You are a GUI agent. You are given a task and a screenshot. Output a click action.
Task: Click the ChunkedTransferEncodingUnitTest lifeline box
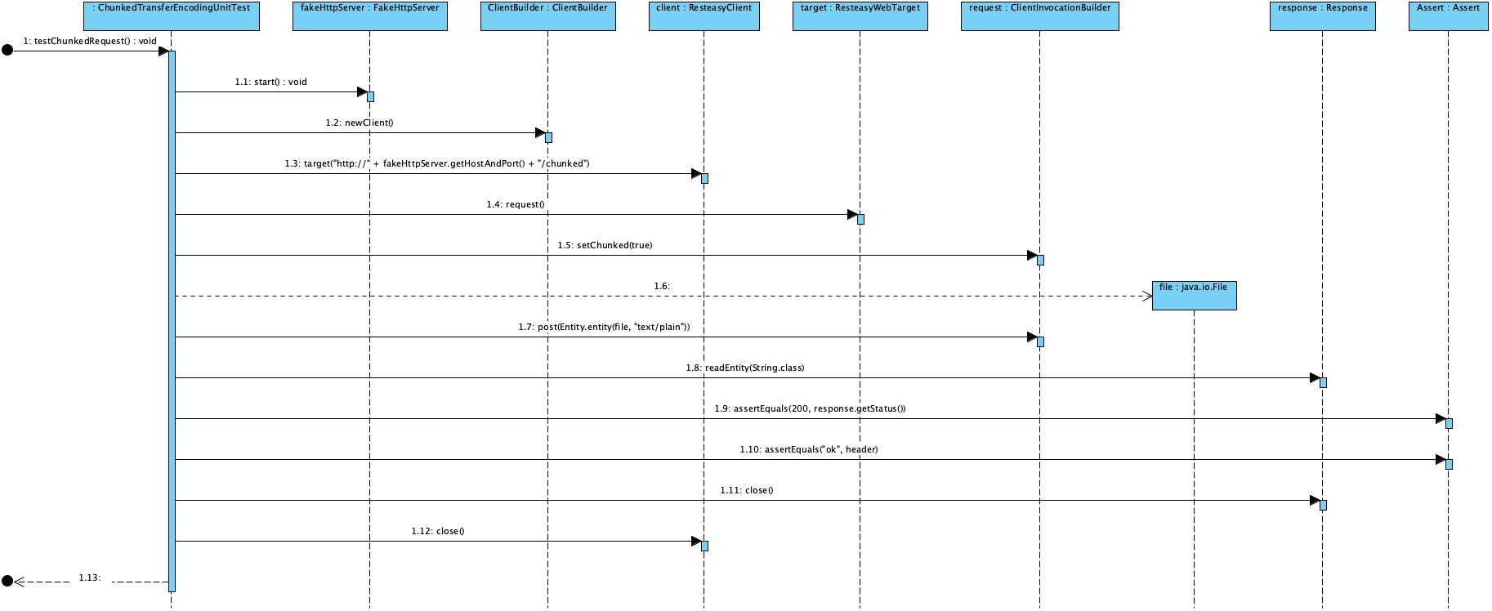coord(171,16)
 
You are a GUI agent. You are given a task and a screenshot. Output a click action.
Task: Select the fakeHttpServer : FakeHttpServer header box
coord(369,16)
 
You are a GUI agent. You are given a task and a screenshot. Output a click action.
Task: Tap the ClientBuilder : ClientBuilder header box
coord(547,16)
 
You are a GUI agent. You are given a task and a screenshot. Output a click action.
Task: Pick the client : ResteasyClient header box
coord(704,16)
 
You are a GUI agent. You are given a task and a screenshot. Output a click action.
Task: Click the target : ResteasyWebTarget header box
coord(860,16)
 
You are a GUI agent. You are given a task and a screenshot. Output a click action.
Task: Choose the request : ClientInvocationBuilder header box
coord(1039,16)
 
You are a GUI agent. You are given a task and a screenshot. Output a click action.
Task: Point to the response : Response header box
coord(1322,16)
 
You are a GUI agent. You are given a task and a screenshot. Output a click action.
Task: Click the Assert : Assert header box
coord(1449,16)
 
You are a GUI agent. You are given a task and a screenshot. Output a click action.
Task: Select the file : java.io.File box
coord(1194,295)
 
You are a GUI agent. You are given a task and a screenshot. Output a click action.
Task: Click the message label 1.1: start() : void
coord(270,83)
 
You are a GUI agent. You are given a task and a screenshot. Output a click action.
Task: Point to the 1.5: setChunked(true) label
coord(605,246)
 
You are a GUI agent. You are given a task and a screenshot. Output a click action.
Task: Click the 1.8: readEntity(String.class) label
coord(744,368)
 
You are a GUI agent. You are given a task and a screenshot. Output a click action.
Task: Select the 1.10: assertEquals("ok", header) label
coord(808,450)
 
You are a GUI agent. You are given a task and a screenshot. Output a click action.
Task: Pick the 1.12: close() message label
coord(437,532)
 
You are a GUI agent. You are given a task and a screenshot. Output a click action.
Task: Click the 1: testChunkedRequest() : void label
coord(90,41)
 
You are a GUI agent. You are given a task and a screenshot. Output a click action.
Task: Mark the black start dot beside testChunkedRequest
coord(7,51)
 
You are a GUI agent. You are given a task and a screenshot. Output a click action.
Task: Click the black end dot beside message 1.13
coord(7,582)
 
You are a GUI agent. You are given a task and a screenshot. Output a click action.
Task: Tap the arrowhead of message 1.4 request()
coord(852,215)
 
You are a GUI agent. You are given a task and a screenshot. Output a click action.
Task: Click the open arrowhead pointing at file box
coord(1146,297)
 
